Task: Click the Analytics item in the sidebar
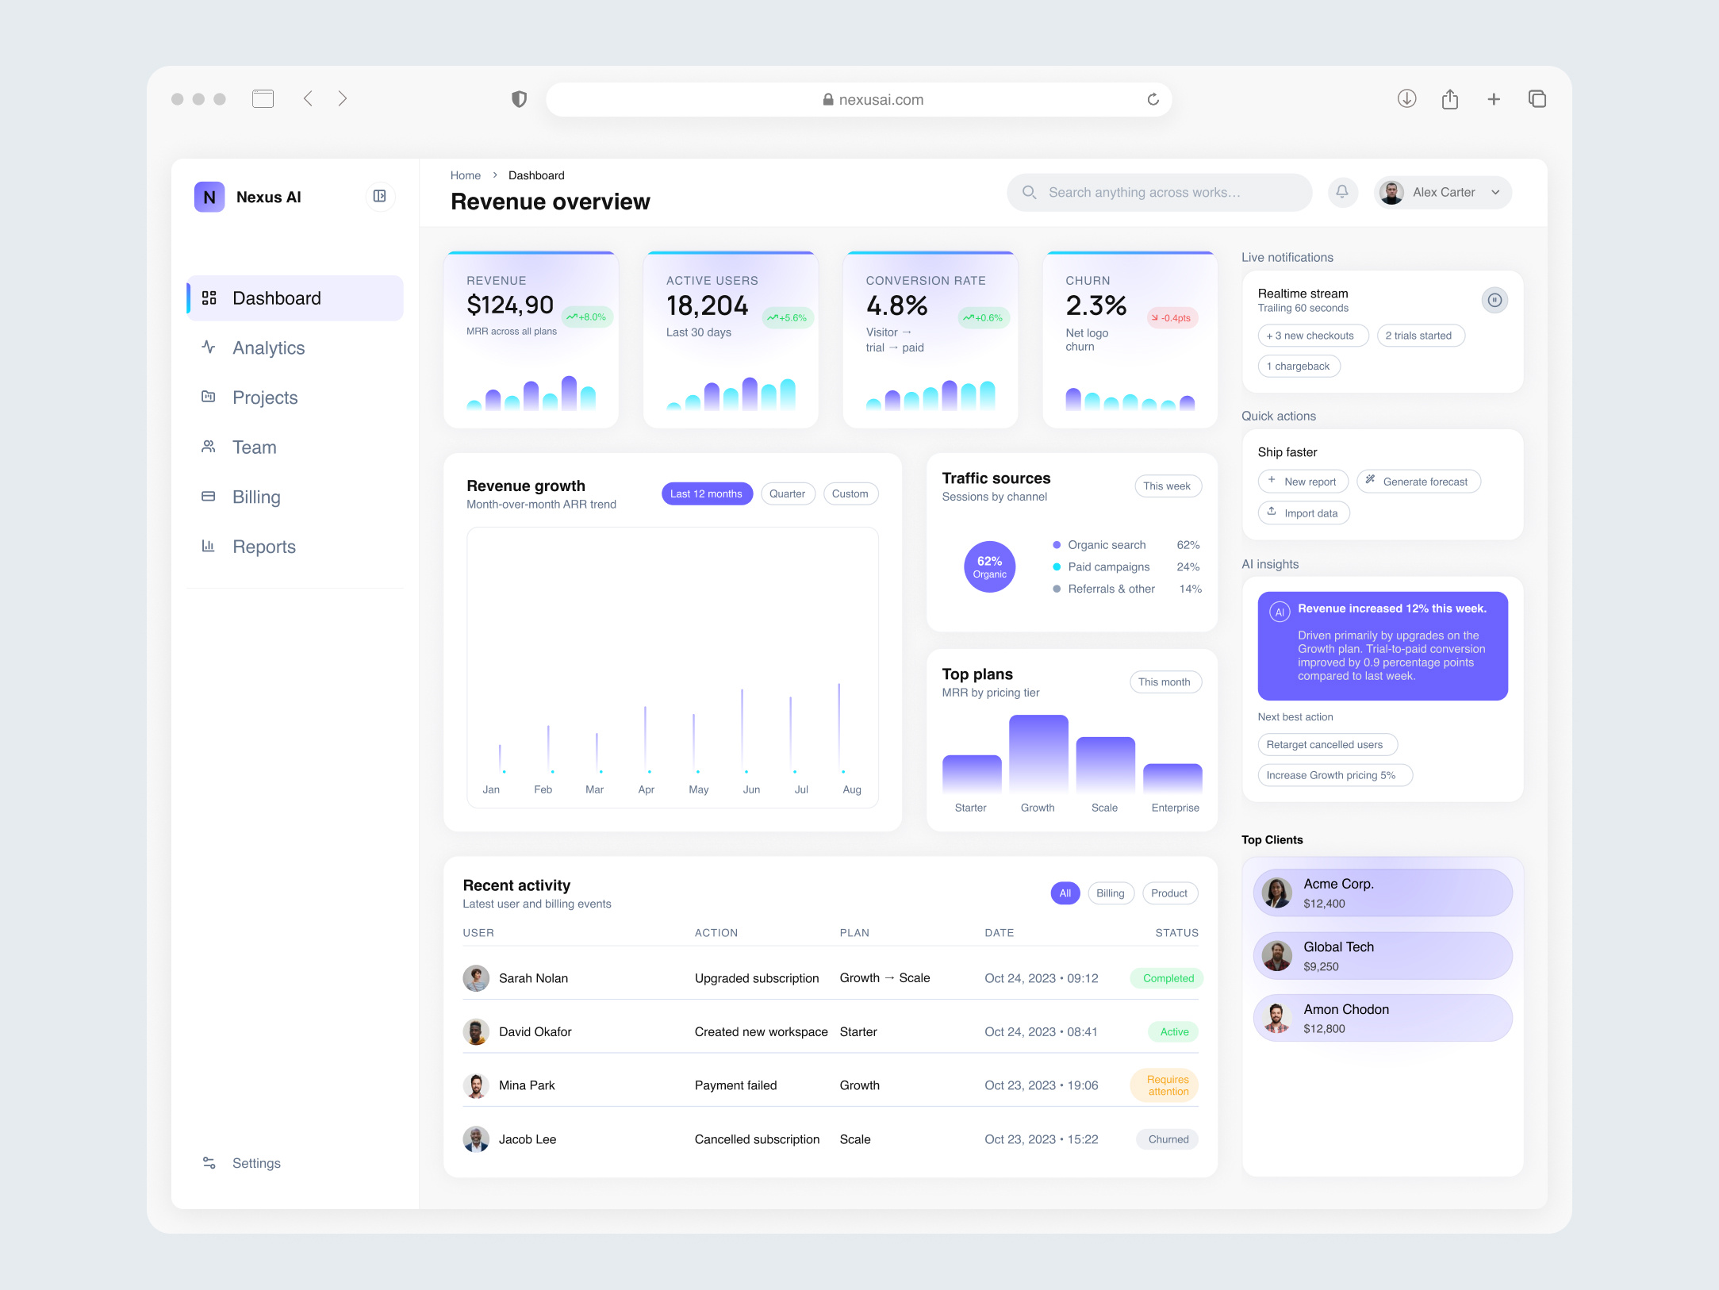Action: pos(268,348)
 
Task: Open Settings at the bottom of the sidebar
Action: pos(255,1163)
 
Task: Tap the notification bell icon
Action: pos(1342,192)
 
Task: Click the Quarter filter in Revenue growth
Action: pos(787,493)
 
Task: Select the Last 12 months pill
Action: pos(706,493)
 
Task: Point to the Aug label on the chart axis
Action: pos(851,789)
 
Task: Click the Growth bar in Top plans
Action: pos(1038,754)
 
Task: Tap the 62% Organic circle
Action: pos(989,566)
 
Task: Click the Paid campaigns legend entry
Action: pos(1108,566)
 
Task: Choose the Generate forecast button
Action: pos(1418,482)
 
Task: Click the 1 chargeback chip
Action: pos(1299,367)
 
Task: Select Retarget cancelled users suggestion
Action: pos(1326,745)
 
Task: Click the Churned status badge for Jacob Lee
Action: pos(1168,1139)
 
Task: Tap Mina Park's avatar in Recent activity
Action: pos(476,1085)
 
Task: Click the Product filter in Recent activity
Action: pos(1168,893)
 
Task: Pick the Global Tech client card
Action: pos(1382,956)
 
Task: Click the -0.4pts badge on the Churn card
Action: pos(1172,318)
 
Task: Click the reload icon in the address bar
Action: pos(1153,99)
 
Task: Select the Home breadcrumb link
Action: pos(465,175)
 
